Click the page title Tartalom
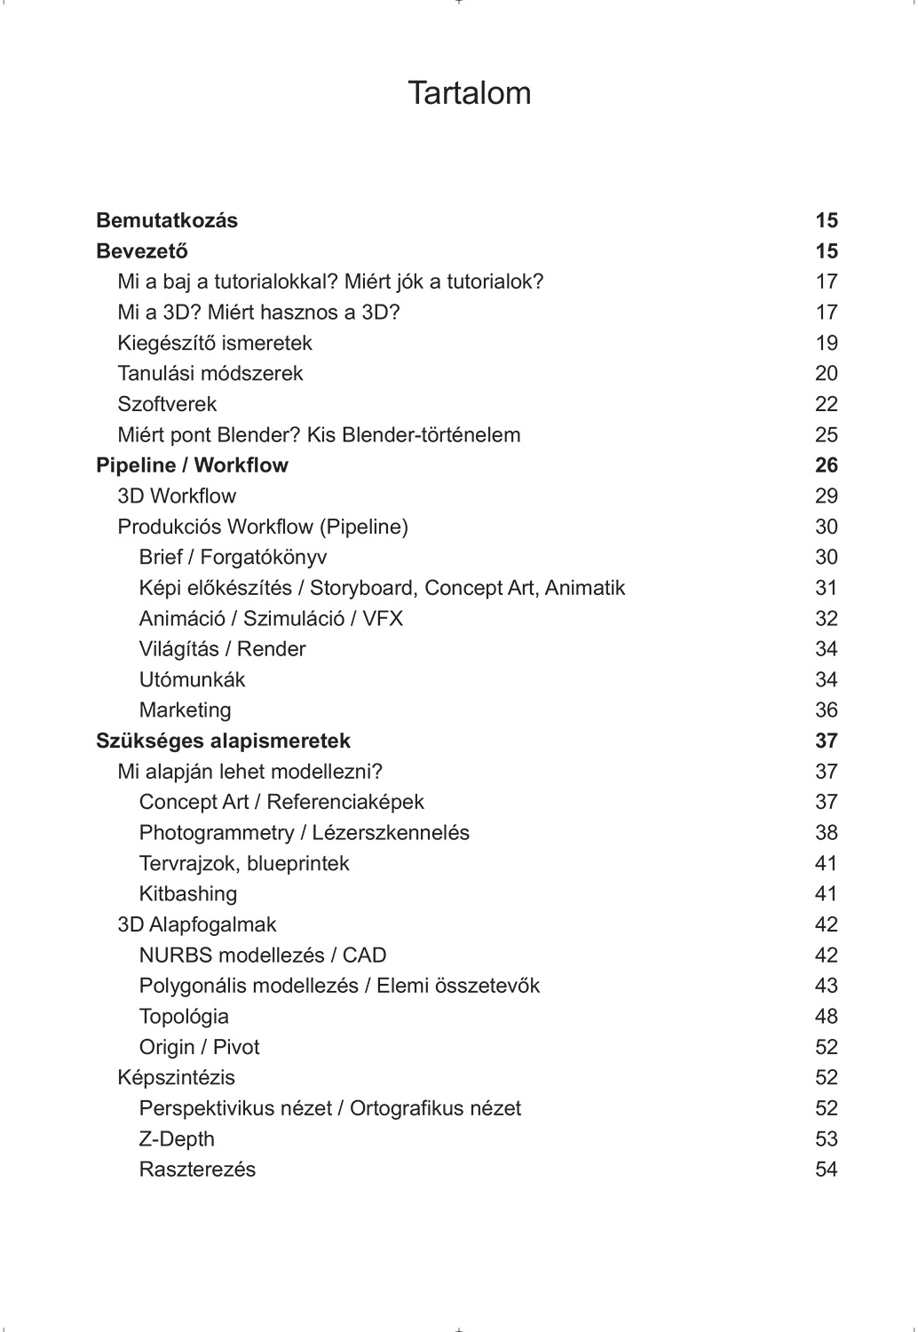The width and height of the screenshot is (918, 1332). click(469, 93)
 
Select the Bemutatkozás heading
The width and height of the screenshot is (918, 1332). click(167, 220)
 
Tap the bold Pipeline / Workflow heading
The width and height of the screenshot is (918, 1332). click(192, 465)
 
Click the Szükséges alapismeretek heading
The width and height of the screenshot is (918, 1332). click(223, 741)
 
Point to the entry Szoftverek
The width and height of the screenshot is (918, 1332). click(167, 404)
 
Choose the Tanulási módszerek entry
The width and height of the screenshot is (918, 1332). click(210, 373)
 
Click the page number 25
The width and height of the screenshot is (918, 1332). click(826, 434)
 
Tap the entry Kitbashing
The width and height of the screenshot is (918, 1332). click(188, 893)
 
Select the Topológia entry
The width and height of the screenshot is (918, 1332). click(184, 1016)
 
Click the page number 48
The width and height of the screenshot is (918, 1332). click(826, 1016)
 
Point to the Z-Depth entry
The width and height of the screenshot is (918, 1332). click(177, 1138)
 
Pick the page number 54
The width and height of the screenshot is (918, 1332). click(826, 1169)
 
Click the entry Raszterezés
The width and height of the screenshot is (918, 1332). click(197, 1169)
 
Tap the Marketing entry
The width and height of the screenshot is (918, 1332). click(185, 710)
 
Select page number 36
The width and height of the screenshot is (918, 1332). click(826, 710)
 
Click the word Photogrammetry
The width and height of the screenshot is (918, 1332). click(216, 832)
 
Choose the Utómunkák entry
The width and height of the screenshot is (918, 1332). click(192, 679)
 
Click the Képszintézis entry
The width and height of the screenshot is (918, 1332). click(176, 1077)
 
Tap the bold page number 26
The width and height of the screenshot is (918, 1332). click(826, 465)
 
